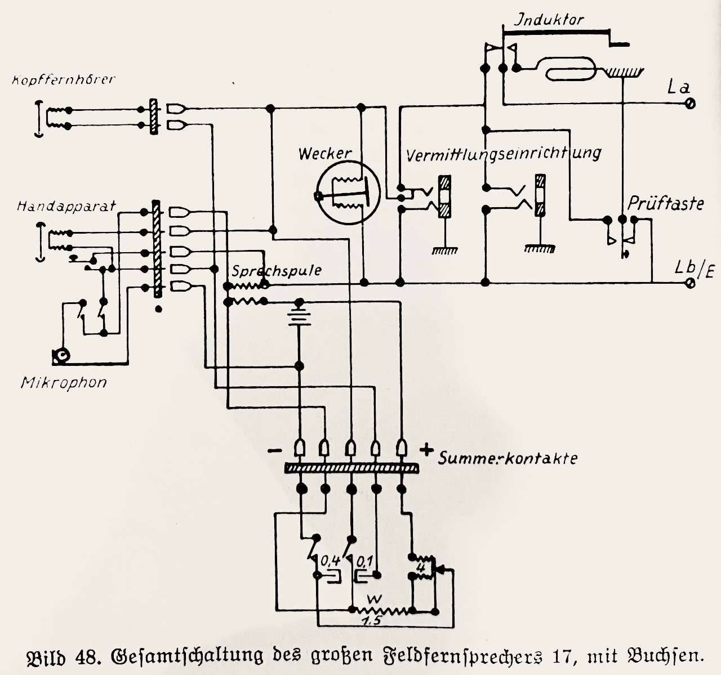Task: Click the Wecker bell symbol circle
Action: pyautogui.click(x=345, y=195)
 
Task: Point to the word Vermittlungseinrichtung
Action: pyautogui.click(x=504, y=153)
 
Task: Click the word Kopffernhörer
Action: pyautogui.click(x=63, y=79)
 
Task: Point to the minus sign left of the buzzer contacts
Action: pyautogui.click(x=275, y=451)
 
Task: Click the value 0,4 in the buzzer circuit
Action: pyautogui.click(x=330, y=560)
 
